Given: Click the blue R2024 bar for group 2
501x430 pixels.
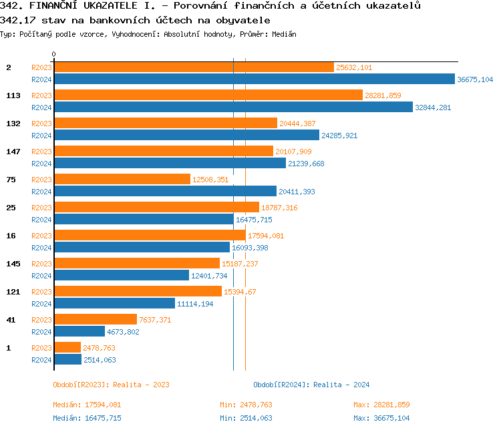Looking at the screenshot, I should (x=254, y=79).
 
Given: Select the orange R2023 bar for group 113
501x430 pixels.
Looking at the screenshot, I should (x=208, y=95).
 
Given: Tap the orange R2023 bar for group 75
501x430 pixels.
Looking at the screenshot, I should (x=122, y=180).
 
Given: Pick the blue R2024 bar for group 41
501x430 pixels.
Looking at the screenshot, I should (x=79, y=332).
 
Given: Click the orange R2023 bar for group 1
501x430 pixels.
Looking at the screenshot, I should (x=67, y=348).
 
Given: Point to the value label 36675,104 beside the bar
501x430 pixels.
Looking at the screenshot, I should (x=475, y=79).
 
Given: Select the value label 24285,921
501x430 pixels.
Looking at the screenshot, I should (x=339, y=136).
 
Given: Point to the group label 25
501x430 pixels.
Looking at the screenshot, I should (x=11, y=208).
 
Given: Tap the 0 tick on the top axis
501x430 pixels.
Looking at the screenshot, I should (x=54, y=54).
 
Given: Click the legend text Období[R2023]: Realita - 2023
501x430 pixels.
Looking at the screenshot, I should (x=111, y=385).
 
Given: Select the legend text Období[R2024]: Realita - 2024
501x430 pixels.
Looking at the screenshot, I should (x=311, y=385).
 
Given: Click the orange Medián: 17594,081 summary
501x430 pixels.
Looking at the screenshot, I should (x=87, y=405).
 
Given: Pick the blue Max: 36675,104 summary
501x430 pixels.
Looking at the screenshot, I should (x=381, y=418).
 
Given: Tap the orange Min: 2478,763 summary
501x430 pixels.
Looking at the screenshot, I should (x=246, y=405).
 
